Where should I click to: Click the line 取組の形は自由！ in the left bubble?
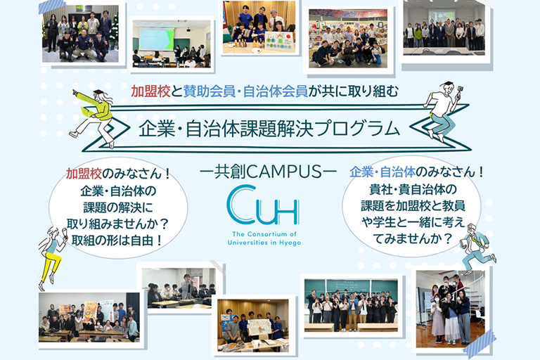click(118, 239)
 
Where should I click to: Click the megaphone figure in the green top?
click(94, 112)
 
